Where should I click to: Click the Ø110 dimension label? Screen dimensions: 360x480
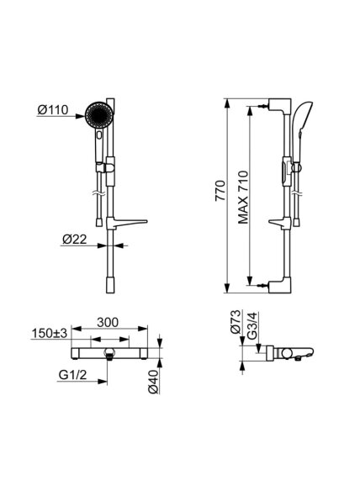click(53, 110)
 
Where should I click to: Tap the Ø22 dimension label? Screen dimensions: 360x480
click(75, 240)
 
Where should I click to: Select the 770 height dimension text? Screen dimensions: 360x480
click(220, 191)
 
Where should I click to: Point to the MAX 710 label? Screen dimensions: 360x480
click(243, 198)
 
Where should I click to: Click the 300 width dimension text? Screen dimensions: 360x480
click(108, 322)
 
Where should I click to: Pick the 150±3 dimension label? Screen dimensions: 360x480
click(50, 334)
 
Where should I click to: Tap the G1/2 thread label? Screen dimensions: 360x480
click(72, 375)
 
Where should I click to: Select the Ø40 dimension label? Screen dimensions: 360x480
click(153, 382)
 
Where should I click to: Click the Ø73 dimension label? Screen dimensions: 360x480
click(236, 321)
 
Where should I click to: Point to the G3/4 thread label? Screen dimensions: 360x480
click(253, 325)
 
